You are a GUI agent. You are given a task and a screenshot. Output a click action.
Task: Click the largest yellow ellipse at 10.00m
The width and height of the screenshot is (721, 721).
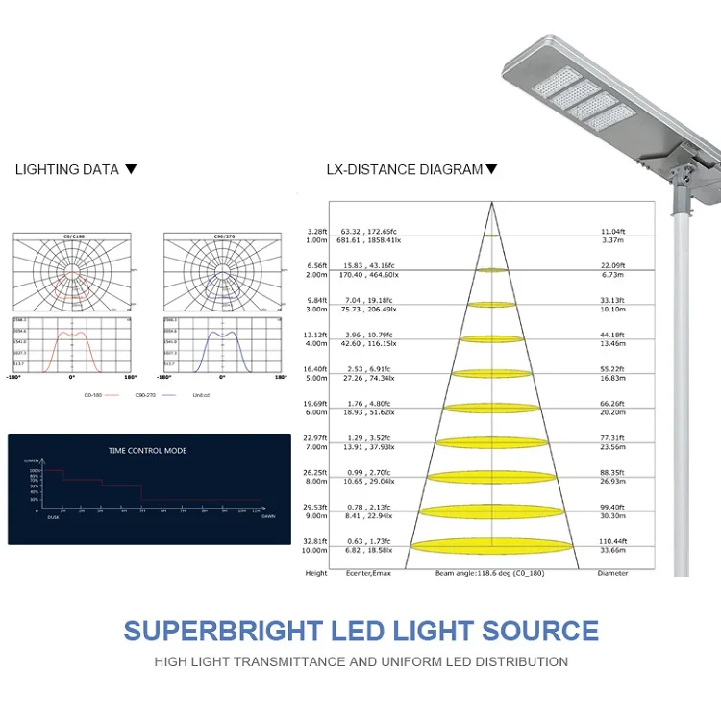(491, 545)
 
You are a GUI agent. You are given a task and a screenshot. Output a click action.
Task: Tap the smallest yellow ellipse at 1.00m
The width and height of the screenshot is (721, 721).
(491, 236)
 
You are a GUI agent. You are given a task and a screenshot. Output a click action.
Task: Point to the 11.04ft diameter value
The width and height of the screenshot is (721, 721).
(613, 232)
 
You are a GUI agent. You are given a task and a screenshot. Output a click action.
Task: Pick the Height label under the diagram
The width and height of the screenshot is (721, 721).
(316, 573)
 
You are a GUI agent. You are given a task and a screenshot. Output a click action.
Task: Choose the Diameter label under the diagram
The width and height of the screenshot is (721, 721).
(612, 573)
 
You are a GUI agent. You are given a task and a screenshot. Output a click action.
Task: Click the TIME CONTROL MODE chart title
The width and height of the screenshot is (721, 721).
(147, 450)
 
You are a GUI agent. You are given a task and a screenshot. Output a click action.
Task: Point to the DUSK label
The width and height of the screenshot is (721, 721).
(54, 516)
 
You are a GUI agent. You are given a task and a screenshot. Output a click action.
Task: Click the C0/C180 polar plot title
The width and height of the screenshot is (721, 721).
(72, 236)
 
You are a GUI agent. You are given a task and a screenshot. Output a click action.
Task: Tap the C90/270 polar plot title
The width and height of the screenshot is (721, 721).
(222, 236)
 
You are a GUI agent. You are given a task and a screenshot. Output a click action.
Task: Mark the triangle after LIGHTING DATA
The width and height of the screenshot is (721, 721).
(132, 169)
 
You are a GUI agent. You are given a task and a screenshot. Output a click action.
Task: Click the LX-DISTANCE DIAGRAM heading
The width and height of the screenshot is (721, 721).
(404, 169)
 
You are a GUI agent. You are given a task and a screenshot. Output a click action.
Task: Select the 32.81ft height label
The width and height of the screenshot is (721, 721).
(316, 541)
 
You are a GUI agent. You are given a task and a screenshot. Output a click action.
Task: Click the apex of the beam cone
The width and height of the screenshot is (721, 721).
(491, 201)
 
